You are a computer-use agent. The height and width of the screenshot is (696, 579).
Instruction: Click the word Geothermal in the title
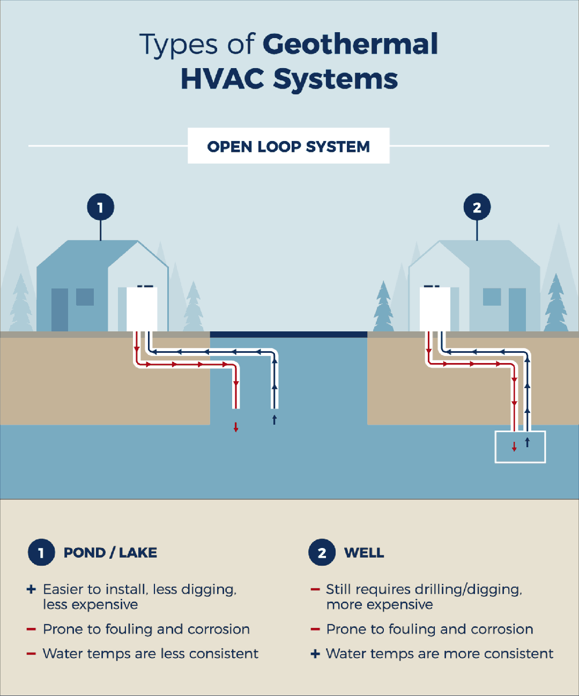point(351,45)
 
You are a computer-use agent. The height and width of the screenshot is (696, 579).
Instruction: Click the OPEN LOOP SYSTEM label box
point(288,146)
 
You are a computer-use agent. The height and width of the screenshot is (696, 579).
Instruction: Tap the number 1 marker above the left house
point(100,208)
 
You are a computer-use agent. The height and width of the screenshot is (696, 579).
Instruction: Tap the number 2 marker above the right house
point(477,208)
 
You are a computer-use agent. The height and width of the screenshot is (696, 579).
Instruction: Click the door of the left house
point(60,309)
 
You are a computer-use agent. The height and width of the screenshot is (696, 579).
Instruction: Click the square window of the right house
point(492,297)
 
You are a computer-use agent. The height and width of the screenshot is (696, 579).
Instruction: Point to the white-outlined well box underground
point(519,447)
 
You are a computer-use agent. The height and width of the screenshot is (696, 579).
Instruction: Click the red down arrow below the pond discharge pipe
point(236,427)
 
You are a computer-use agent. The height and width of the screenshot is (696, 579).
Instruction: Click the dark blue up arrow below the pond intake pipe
point(274,419)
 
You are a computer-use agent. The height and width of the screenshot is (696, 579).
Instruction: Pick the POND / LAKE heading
point(110,553)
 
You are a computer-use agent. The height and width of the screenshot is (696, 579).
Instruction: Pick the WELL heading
point(364,553)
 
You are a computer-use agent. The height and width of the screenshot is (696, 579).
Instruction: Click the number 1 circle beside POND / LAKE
point(41,553)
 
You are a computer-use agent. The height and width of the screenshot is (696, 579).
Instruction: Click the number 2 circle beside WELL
point(322,553)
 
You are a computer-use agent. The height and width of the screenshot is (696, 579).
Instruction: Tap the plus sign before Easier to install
point(31,589)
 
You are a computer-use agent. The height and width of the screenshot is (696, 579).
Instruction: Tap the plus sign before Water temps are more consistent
point(315,654)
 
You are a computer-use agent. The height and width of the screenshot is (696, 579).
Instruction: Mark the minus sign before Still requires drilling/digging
point(315,590)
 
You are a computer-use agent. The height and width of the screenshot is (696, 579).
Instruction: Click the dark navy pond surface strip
point(288,334)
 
